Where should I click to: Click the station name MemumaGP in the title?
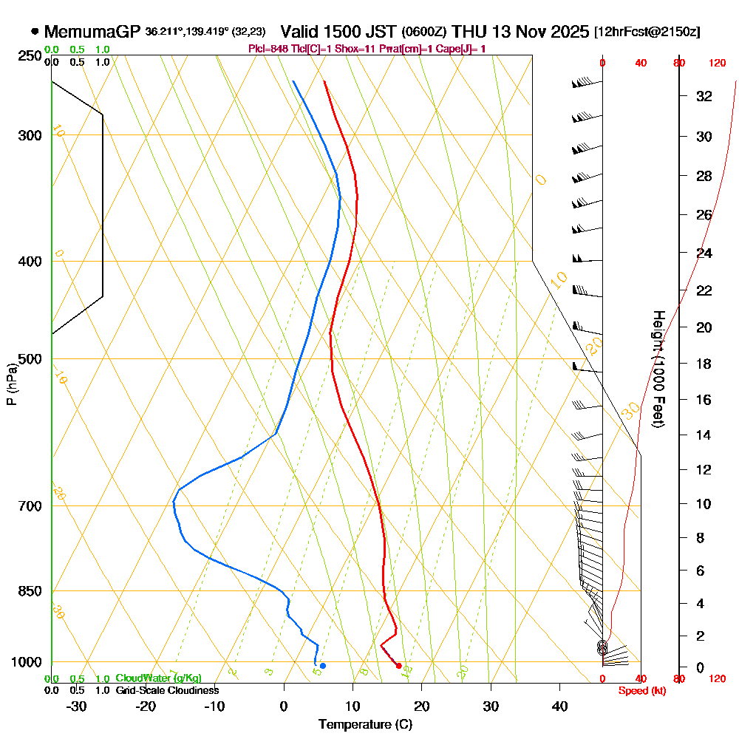pos(92,32)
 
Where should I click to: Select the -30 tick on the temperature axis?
pos(77,706)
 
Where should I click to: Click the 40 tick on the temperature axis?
pos(559,706)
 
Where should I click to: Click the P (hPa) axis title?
pos(11,384)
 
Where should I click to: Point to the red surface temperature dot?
pos(399,666)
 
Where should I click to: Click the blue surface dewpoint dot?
pos(322,666)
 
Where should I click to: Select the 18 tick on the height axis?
pos(704,364)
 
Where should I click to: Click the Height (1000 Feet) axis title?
pos(657,369)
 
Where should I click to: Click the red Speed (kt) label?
pos(639,691)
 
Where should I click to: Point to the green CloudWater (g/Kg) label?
pos(157,678)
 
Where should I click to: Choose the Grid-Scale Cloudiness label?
pos(166,690)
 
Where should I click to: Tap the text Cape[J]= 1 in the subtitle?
pos(463,49)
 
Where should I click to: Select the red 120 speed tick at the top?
pos(717,64)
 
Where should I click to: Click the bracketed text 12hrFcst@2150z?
pos(647,33)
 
